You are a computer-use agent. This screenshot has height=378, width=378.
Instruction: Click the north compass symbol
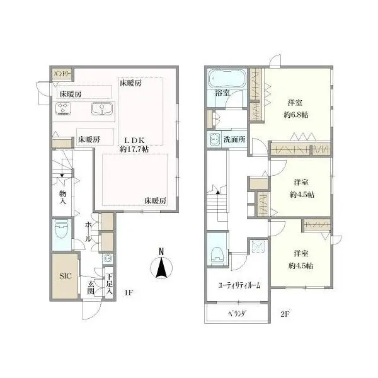(161, 265)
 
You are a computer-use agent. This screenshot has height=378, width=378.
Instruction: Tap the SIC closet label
(66, 276)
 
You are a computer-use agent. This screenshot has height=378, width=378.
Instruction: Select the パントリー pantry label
(62, 74)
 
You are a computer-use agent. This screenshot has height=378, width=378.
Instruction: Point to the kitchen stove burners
(63, 108)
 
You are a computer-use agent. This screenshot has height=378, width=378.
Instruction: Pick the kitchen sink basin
(102, 108)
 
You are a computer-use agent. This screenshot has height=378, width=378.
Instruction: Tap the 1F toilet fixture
(62, 230)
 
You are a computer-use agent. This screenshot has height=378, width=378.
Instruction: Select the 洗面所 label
(234, 139)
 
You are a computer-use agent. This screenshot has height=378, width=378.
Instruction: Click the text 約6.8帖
(296, 115)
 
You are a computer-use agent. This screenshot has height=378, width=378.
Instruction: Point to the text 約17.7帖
(134, 149)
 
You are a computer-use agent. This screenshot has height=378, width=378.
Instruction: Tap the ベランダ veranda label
(238, 314)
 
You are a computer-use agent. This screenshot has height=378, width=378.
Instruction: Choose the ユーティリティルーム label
(239, 285)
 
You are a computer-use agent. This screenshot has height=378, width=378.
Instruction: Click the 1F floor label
(129, 292)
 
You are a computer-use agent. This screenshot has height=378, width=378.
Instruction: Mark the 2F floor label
(285, 314)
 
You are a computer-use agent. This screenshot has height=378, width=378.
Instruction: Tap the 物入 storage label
(62, 197)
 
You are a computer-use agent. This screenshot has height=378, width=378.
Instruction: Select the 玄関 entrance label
(90, 288)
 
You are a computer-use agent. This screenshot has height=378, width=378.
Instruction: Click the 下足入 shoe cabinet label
(110, 283)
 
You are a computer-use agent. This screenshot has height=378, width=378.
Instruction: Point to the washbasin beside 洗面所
(214, 139)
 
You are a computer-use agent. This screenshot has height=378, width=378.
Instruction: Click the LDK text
(134, 140)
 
